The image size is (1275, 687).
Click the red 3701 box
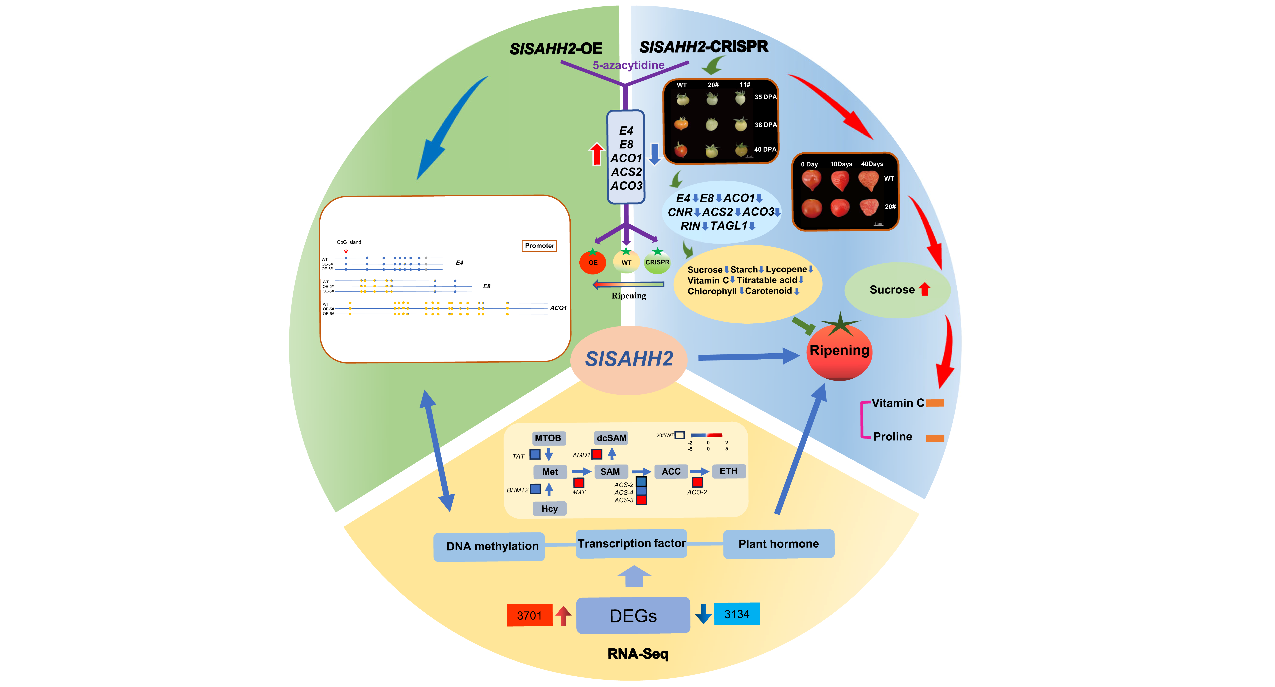[x=529, y=615]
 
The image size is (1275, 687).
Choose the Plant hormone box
[x=779, y=544]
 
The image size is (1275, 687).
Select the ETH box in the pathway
[x=728, y=471]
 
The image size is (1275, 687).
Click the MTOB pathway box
[x=548, y=438]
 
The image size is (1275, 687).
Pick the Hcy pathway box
[x=549, y=508]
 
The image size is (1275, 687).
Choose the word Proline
[x=892, y=437]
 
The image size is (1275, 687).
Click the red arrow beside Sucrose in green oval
[x=925, y=289]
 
